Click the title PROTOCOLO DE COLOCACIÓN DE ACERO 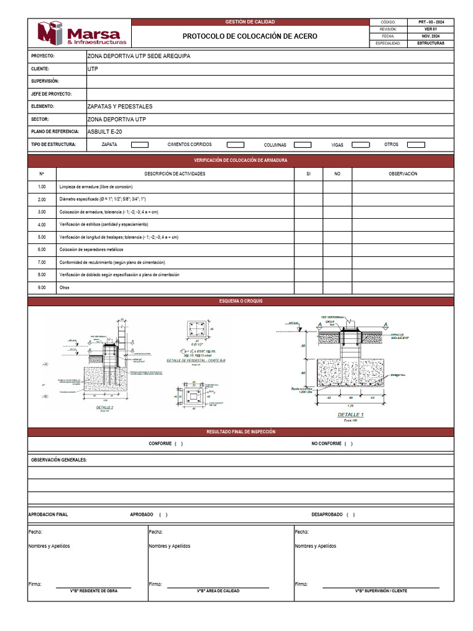coord(250,36)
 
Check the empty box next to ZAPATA coord(140,145)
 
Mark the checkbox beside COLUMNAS coord(302,145)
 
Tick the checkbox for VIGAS coord(360,145)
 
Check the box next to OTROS coord(416,145)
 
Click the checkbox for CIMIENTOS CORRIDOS coord(235,145)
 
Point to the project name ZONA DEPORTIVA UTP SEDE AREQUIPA coord(139,56)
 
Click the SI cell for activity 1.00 coord(309,187)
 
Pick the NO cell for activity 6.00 coord(338,250)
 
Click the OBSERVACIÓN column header coord(403,174)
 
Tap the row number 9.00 coord(42,288)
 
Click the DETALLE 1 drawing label coord(350,415)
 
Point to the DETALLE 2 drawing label coord(105,407)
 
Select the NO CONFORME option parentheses coord(349,444)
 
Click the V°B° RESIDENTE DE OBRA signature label coord(94,591)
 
